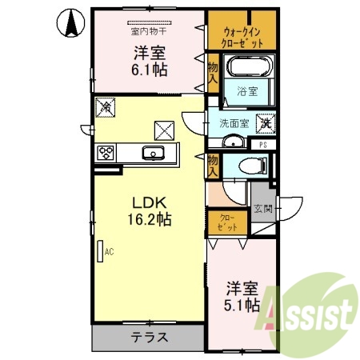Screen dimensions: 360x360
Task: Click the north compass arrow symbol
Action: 71,22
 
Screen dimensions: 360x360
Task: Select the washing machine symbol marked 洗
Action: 264,124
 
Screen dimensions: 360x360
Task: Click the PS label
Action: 262,145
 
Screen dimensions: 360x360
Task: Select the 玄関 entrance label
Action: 263,210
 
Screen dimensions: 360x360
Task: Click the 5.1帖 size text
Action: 241,305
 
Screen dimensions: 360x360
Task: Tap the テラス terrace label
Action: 150,337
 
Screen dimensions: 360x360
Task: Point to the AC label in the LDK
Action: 108,251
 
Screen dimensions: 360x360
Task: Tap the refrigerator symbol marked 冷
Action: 105,106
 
